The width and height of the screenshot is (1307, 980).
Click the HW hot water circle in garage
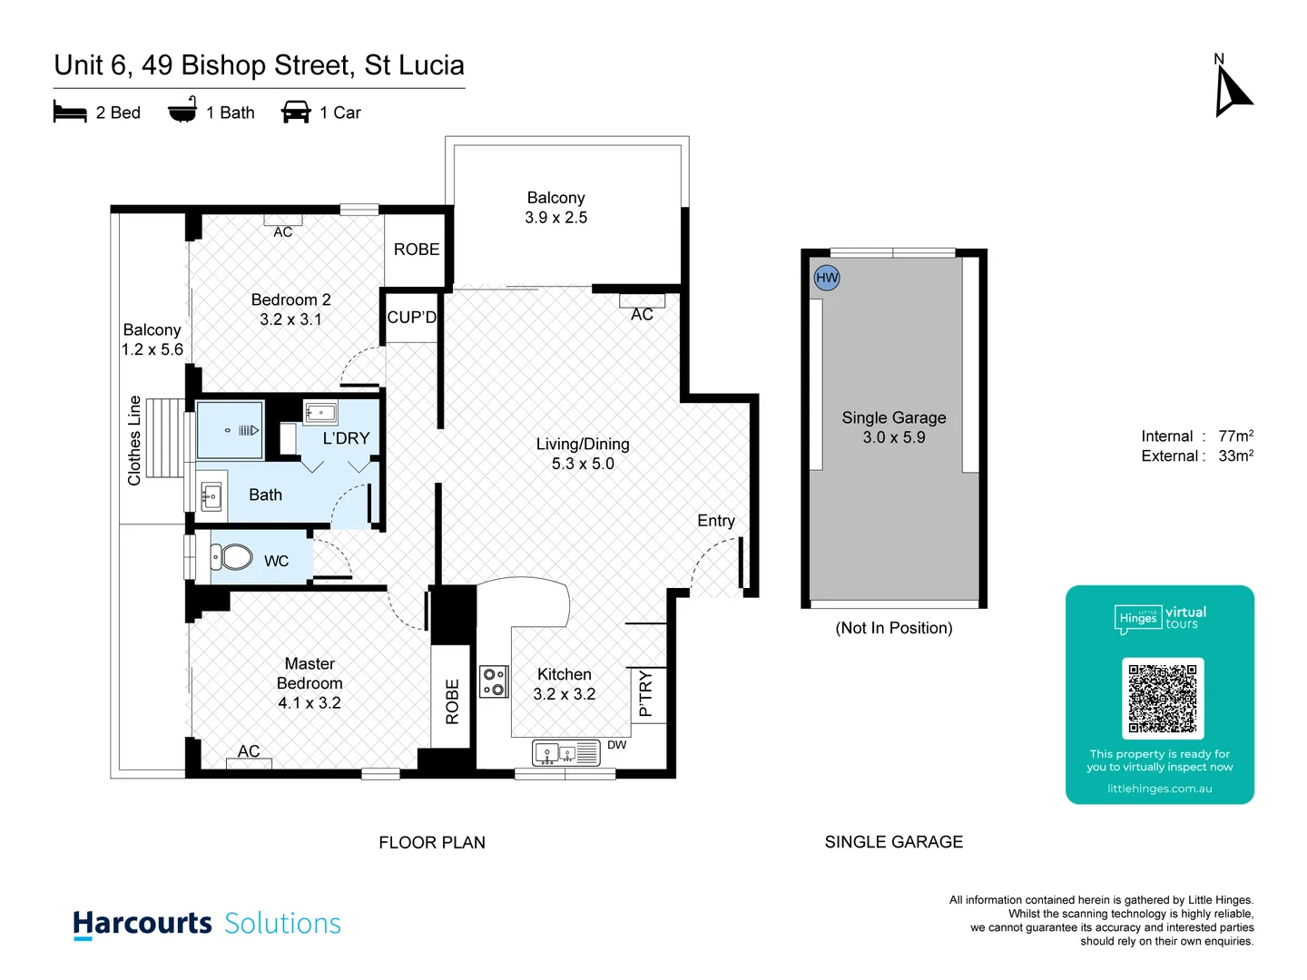point(827,278)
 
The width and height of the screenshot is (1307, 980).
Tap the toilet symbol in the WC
point(233,556)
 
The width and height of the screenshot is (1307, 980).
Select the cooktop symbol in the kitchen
point(494,681)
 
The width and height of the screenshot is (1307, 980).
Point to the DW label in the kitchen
point(617,745)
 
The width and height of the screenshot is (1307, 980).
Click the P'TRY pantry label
point(646,694)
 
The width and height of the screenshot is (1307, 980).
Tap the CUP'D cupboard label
point(412,318)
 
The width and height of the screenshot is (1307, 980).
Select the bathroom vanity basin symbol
point(211,496)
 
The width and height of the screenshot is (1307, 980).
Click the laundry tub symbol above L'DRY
point(320,413)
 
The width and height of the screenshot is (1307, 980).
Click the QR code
point(1163,699)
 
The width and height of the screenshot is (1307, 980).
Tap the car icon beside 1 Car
point(296,113)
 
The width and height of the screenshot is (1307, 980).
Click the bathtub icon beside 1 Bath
point(182,111)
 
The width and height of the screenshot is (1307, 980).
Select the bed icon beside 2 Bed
point(70,113)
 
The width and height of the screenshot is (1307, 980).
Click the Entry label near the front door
point(716,521)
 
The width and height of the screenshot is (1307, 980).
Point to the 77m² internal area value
point(1235,436)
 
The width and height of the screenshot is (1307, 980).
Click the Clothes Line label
point(135,441)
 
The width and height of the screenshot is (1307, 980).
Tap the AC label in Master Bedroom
point(249,751)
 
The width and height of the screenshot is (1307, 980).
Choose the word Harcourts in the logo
point(142,923)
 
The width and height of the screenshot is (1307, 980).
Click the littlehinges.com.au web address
point(1159,789)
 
